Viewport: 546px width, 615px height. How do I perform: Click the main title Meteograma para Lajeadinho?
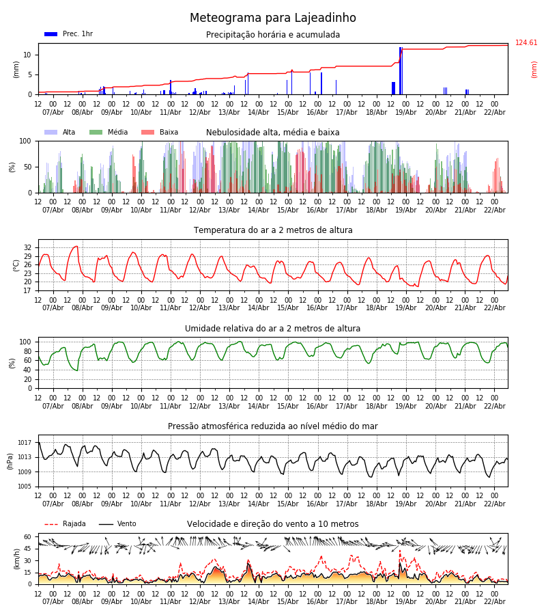coord(273,18)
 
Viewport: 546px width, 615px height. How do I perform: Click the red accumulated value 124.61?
coord(526,43)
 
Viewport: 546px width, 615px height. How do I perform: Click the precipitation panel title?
coord(273,35)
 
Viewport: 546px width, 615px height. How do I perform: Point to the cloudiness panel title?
coord(273,133)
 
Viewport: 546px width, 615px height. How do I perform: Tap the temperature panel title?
coord(273,230)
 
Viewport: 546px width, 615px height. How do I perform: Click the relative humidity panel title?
coord(273,329)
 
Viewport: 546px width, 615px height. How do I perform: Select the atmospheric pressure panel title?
coord(273,426)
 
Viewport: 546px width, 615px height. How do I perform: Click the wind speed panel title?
coord(273,524)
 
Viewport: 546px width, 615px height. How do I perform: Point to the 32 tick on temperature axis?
coord(28,247)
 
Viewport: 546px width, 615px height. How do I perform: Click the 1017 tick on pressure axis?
coord(25,443)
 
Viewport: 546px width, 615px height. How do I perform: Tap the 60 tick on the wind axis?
coord(28,537)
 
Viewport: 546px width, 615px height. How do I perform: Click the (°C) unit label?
coord(16,265)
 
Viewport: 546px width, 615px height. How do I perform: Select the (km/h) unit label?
coord(16,558)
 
